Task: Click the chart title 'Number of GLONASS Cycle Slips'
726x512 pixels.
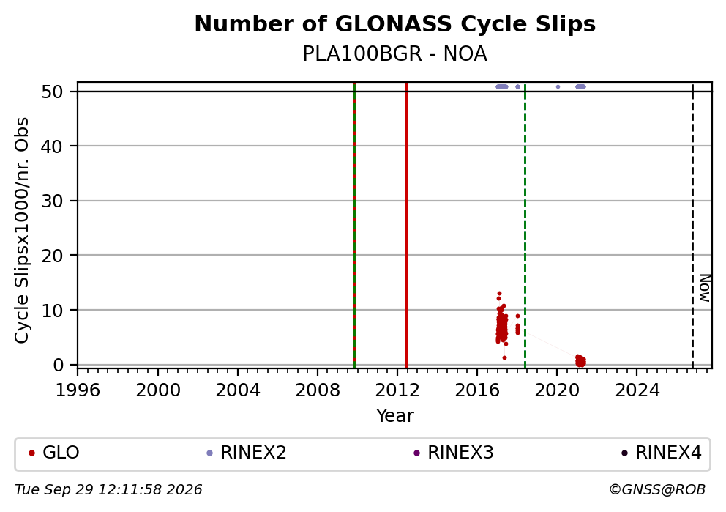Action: [x=395, y=24]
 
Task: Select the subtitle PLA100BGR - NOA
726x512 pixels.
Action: [x=395, y=54]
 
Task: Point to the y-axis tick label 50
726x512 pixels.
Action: [x=52, y=92]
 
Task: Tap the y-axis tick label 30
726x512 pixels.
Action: [x=52, y=201]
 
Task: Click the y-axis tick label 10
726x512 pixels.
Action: [x=52, y=310]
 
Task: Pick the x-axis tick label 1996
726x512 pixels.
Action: [x=78, y=390]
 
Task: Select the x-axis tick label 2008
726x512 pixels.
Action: [x=318, y=390]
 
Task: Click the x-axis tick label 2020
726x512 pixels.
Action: [x=557, y=390]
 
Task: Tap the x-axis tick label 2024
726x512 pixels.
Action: [x=637, y=390]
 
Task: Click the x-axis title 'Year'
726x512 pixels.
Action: [x=395, y=415]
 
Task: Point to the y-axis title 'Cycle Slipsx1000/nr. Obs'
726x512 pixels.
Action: [x=22, y=230]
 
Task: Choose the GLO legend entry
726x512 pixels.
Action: [x=54, y=453]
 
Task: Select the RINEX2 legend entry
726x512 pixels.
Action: [x=247, y=453]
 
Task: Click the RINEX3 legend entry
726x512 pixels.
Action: [x=454, y=453]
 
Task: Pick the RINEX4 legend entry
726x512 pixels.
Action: [x=662, y=453]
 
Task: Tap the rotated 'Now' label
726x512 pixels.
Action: [x=705, y=288]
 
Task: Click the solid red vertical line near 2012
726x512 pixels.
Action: [x=406, y=225]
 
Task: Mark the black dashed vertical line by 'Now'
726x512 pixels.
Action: [x=692, y=225]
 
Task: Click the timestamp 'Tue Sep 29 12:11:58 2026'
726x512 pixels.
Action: [x=108, y=490]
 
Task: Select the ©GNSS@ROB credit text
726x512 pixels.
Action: [x=657, y=490]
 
